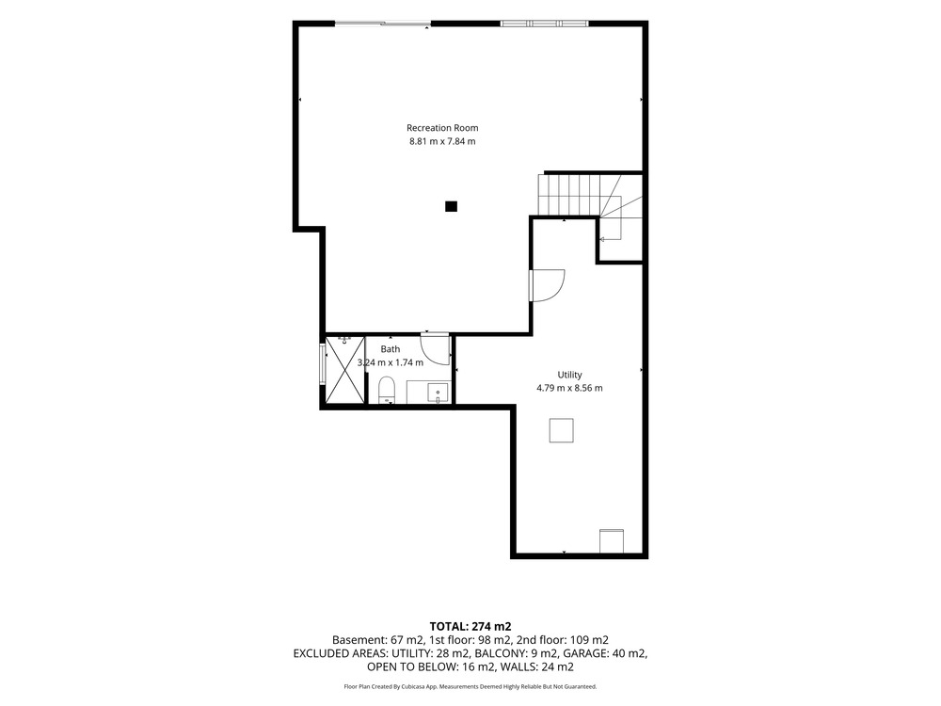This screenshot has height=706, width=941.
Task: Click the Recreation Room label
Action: tap(442, 128)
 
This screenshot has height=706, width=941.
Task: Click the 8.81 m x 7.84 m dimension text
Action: tap(442, 142)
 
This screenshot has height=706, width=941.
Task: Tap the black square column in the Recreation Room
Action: tap(452, 206)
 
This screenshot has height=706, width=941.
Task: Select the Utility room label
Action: tap(569, 375)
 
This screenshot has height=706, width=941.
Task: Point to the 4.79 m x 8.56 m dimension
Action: tap(569, 388)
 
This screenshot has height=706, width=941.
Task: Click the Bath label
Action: tap(391, 349)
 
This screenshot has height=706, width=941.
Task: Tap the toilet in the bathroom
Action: tap(387, 391)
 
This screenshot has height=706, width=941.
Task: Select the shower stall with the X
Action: tap(345, 370)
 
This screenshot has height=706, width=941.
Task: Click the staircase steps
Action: tap(569, 195)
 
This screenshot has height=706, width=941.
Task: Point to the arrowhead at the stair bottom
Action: tap(602, 239)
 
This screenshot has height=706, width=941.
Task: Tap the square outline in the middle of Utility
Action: tap(561, 430)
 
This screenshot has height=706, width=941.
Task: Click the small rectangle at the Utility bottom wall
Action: tap(612, 541)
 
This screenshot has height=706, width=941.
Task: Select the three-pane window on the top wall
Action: tap(544, 24)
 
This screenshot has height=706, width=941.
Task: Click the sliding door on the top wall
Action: tap(383, 24)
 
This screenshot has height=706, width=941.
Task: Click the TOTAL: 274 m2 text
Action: tap(470, 627)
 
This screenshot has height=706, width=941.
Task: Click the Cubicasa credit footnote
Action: tap(470, 686)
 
